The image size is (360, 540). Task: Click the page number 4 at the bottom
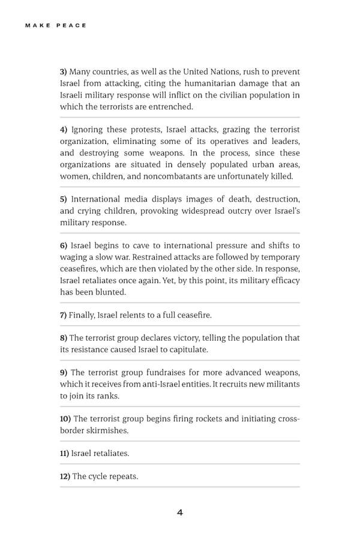coord(180,512)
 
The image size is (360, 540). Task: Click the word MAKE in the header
coord(37,26)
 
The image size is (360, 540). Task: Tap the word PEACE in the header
coord(73,26)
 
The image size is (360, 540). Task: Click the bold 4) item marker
coord(64,130)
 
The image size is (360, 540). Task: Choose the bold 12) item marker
coord(65,476)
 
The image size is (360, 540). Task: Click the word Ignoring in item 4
coord(89,130)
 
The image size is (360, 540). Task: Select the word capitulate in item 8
coord(188,349)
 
